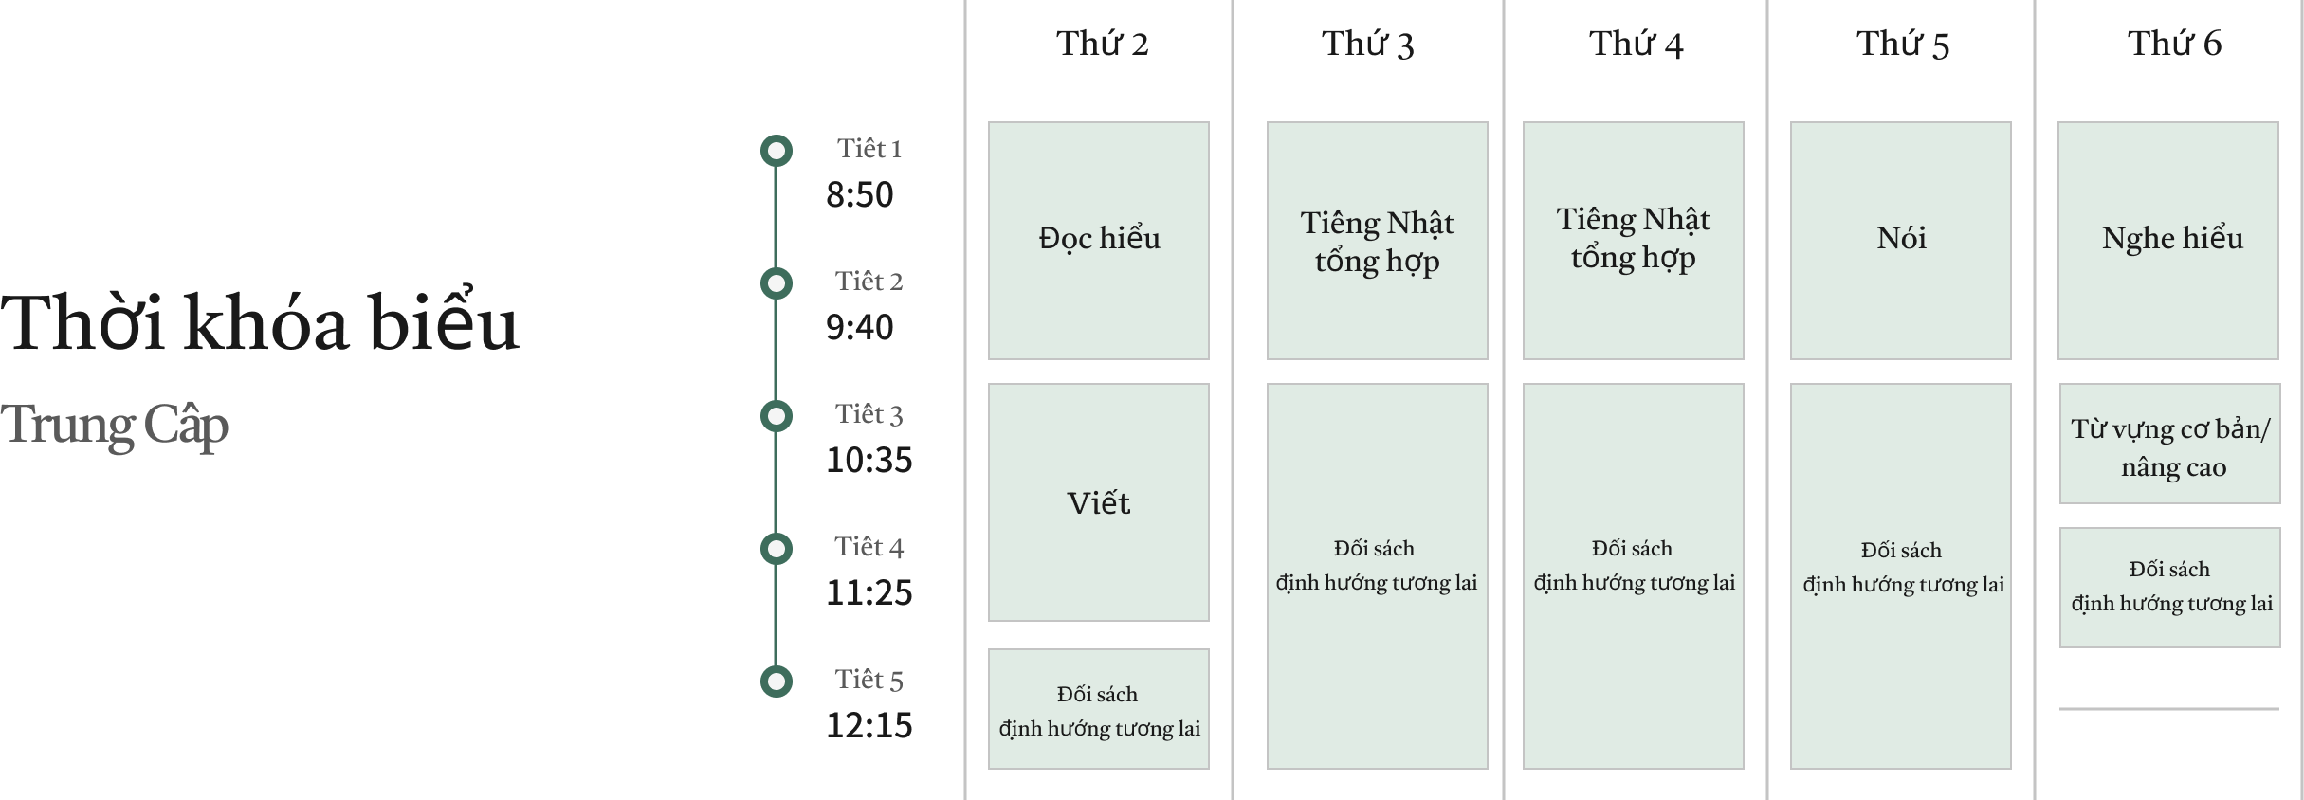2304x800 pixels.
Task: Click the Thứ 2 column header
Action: point(1102,44)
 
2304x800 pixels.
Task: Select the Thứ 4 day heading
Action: point(1636,44)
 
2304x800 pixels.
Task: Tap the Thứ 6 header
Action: point(2173,44)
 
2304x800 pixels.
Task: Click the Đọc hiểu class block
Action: point(1099,240)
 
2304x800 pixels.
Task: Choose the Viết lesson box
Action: point(1099,502)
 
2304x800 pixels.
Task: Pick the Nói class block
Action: point(1901,240)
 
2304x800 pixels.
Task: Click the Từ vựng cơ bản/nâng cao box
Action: point(2170,444)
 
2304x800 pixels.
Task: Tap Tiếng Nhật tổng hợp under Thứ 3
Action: point(1377,241)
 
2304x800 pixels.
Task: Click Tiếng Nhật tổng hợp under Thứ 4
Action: point(1633,240)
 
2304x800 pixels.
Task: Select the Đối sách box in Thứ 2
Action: point(1099,709)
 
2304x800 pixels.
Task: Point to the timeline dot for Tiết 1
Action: point(777,151)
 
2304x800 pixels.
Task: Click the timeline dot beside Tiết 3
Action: point(777,416)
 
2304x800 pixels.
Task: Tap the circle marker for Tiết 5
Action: point(777,682)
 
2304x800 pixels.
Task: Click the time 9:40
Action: point(859,328)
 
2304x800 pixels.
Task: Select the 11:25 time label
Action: point(869,593)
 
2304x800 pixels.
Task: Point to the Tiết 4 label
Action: point(869,547)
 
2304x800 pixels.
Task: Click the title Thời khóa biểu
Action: point(260,323)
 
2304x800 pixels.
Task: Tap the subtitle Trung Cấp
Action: point(115,425)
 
